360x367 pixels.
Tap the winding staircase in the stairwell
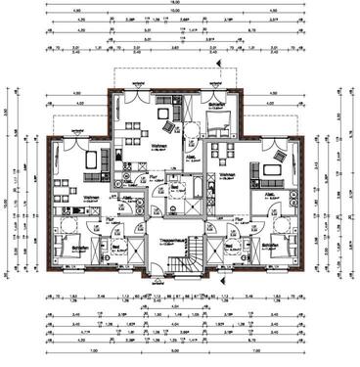pyautogui.click(x=176, y=260)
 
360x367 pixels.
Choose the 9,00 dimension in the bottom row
pyautogui.click(x=179, y=350)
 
